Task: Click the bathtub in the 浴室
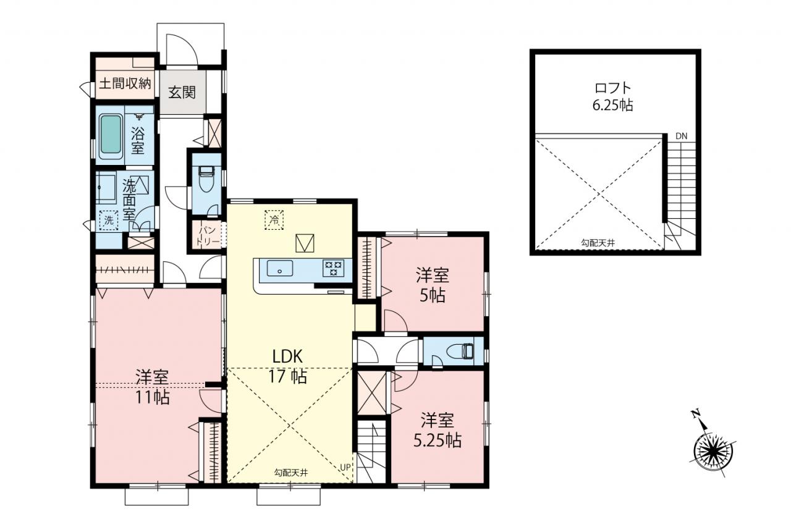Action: (112, 137)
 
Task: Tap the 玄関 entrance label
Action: (182, 93)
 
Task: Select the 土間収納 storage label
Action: (125, 83)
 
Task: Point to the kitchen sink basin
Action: (280, 268)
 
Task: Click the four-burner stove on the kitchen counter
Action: (333, 268)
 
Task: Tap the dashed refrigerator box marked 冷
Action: (274, 220)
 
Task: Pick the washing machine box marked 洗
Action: (109, 221)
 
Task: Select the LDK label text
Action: (287, 357)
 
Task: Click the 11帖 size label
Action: (153, 397)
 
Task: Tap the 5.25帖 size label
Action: (437, 441)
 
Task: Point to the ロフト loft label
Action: (613, 88)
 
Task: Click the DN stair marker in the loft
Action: (682, 137)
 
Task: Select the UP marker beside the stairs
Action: (345, 467)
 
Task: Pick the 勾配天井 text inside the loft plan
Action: (598, 243)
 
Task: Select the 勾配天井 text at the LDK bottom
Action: (291, 473)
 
